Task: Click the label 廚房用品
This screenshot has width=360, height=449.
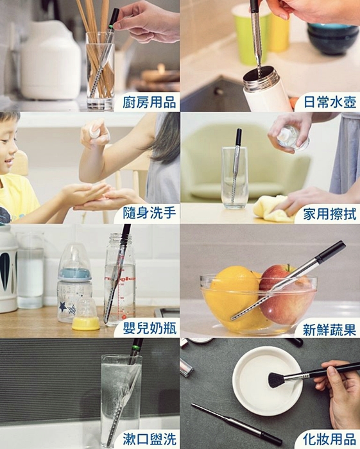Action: click(x=150, y=103)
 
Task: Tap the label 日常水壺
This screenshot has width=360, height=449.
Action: click(x=330, y=103)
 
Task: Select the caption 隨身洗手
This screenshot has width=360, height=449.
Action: click(x=150, y=214)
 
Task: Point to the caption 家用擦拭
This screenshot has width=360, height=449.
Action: click(x=330, y=214)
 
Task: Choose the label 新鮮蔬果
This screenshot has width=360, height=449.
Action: click(x=329, y=330)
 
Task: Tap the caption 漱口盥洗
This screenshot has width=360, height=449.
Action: click(x=150, y=439)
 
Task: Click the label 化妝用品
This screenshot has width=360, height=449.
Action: click(x=329, y=439)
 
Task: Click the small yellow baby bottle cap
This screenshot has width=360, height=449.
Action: click(x=85, y=323)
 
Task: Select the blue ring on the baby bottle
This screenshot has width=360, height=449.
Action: click(x=74, y=275)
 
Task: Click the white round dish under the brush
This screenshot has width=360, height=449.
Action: click(x=267, y=381)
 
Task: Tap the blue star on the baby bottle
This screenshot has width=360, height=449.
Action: click(x=63, y=307)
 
